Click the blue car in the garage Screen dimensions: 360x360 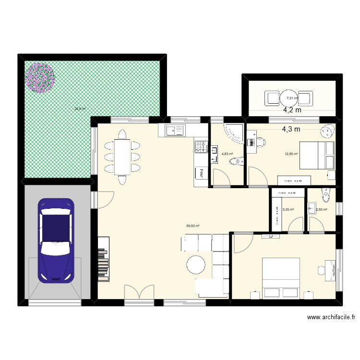pos(56,240)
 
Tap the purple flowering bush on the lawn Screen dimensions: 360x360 pos(40,77)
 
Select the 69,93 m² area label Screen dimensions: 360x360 pos(193,226)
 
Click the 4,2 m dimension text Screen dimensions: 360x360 pos(292,110)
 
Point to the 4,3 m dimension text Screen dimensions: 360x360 pos(291,129)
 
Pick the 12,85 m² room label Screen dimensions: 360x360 pos(291,154)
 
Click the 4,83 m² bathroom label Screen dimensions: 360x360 pos(227,154)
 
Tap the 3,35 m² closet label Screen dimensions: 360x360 pos(288,209)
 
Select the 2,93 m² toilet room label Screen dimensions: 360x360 pos(321,209)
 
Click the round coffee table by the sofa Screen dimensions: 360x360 pos(196,265)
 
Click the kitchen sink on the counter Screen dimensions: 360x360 pos(175,130)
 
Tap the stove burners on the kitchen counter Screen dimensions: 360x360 pos(201,146)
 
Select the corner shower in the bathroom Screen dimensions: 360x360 pos(235,132)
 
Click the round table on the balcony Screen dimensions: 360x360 pos(290,98)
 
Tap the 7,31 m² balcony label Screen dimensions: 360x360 pos(292,98)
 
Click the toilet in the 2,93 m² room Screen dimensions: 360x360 pos(327,194)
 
